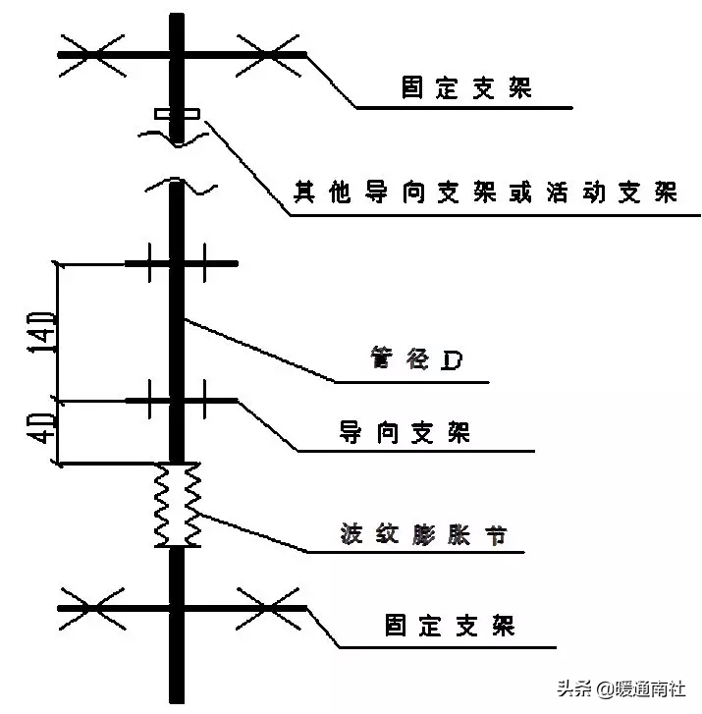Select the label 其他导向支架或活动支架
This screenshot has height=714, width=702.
click(486, 192)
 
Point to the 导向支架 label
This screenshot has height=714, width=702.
click(405, 432)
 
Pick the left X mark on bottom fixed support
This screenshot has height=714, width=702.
click(92, 608)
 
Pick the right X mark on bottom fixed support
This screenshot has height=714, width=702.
click(268, 608)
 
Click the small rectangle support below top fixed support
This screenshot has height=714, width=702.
click(177, 115)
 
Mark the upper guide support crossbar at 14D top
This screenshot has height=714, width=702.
click(181, 263)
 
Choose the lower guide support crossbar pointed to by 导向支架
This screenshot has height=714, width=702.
click(181, 400)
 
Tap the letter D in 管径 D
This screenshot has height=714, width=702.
click(452, 361)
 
